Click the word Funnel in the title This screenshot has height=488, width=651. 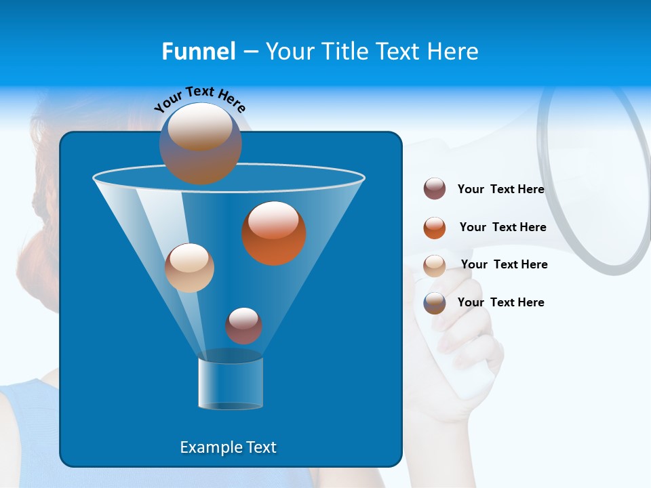pos(198,52)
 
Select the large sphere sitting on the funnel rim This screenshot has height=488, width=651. pos(200,143)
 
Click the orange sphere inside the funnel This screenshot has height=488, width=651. pos(273,233)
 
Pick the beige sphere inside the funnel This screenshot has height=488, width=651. pos(189,268)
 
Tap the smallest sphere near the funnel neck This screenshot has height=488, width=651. pos(243,325)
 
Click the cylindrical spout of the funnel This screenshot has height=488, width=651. pos(231,382)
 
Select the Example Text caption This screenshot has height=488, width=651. pos(228,447)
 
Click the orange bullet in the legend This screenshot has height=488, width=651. pos(435,228)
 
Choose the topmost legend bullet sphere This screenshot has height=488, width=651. pos(435,189)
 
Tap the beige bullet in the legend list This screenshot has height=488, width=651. pos(435,266)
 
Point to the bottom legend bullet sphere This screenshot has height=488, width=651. pos(435,303)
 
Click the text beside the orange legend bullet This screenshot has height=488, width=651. pos(502,227)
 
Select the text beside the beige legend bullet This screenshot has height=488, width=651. pos(504,264)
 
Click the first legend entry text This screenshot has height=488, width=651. pos(500,189)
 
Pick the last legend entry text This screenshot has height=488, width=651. pos(500,302)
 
